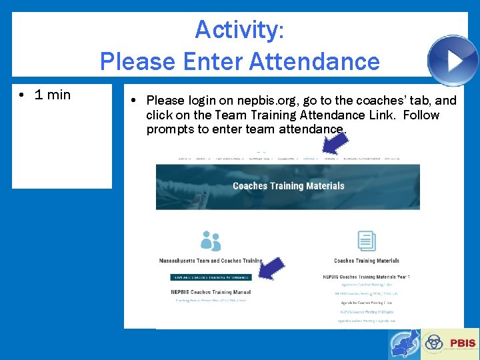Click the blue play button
(x=453, y=61)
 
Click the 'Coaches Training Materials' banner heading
(x=288, y=186)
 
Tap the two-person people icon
(x=211, y=241)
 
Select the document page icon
(x=366, y=241)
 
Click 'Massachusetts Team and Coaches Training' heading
(x=211, y=261)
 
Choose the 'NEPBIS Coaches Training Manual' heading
(x=211, y=292)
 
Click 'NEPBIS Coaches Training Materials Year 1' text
(x=366, y=276)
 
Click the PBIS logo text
(x=463, y=343)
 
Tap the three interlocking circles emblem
(x=435, y=343)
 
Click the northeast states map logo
(x=404, y=345)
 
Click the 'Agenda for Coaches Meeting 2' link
(x=366, y=302)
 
